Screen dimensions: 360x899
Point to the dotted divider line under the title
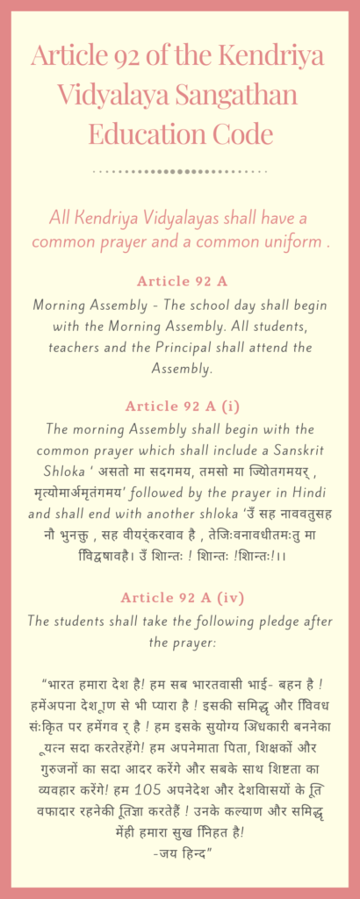coord(180,171)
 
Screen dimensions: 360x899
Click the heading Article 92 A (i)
coord(180,406)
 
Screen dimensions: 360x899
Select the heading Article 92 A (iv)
coord(180,598)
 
